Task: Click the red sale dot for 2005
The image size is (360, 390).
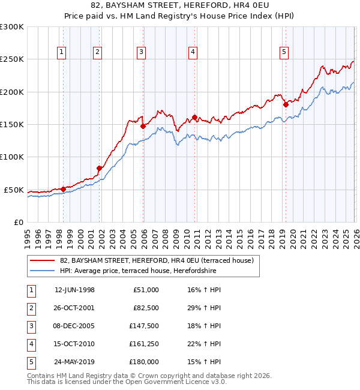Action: [x=143, y=126]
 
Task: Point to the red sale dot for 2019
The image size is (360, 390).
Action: [x=286, y=104]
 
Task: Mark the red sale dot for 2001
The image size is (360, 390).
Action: [x=99, y=169]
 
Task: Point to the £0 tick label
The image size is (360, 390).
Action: [x=18, y=222]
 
